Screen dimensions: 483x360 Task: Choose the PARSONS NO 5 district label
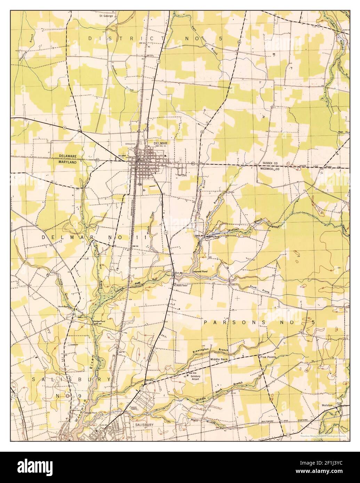pos(259,322)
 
